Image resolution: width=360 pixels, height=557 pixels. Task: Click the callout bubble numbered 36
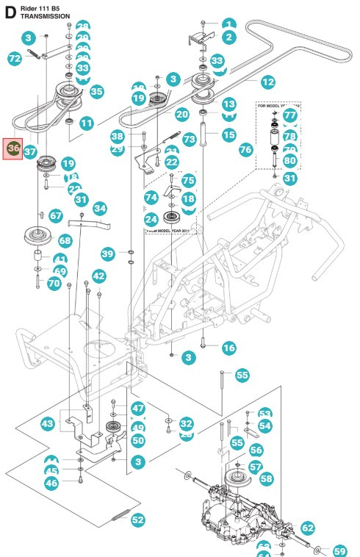tap(13, 148)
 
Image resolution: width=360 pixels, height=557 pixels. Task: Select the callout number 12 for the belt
tap(267, 82)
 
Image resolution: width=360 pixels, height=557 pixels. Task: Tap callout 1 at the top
tap(228, 24)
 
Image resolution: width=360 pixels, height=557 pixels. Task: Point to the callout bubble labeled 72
tap(14, 58)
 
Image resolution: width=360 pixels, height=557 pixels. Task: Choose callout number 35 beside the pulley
tap(96, 92)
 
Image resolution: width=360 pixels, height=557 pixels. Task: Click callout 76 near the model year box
tap(245, 149)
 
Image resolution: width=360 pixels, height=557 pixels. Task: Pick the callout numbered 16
tap(228, 347)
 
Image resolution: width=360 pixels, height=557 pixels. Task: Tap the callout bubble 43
tap(47, 424)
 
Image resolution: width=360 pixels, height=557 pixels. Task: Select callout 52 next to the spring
tap(138, 520)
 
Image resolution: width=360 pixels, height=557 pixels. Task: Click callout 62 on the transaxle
tap(308, 527)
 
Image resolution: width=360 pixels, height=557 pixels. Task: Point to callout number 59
tap(339, 550)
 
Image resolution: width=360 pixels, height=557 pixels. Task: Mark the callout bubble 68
tap(65, 240)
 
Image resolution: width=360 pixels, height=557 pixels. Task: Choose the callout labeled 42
tap(98, 276)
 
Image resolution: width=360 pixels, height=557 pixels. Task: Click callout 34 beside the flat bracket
tap(99, 209)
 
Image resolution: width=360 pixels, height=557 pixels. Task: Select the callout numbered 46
tap(51, 483)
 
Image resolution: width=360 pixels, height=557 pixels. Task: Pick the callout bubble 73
tap(189, 138)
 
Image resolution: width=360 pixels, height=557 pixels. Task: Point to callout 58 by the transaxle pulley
tap(265, 478)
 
